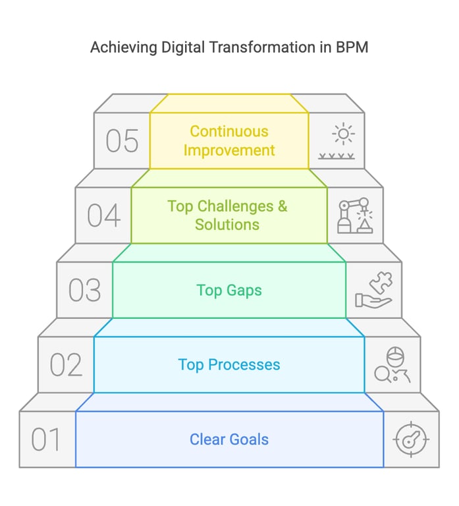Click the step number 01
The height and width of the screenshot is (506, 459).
(x=46, y=439)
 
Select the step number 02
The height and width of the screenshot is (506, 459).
(x=67, y=365)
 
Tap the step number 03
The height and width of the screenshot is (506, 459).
(x=85, y=291)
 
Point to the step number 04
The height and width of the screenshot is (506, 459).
(x=104, y=215)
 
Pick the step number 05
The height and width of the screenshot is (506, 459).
(x=122, y=141)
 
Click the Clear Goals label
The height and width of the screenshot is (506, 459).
(x=229, y=439)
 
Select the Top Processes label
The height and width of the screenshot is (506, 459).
(x=229, y=364)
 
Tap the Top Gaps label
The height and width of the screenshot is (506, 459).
(x=229, y=290)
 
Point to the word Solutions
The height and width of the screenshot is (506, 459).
(x=227, y=225)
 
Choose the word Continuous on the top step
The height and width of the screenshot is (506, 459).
(x=229, y=131)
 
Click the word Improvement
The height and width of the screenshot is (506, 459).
(x=229, y=150)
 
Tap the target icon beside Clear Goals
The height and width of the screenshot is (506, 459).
(x=412, y=439)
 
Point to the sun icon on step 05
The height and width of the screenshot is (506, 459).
(x=343, y=134)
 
